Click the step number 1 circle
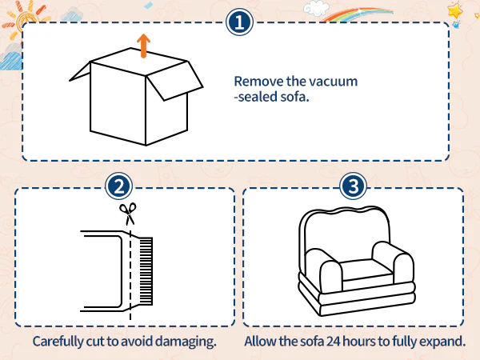(239, 22)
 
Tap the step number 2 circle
(118, 186)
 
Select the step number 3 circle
(353, 186)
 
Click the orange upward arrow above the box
(143, 46)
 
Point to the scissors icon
(128, 214)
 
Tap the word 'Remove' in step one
(258, 82)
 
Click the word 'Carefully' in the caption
(58, 342)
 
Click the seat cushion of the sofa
(366, 270)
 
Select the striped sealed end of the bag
(146, 271)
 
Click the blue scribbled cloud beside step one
(11, 61)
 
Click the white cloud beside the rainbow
(316, 8)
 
